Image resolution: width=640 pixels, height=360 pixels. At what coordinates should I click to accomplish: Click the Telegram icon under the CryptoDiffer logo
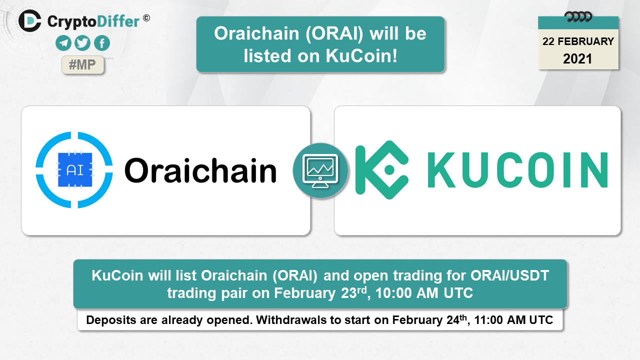[x=63, y=43]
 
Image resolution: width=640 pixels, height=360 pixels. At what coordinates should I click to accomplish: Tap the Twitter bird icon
[x=82, y=43]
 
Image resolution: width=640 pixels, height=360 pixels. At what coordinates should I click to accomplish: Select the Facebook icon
[x=102, y=43]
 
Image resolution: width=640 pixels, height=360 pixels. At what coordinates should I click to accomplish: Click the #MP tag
[x=82, y=65]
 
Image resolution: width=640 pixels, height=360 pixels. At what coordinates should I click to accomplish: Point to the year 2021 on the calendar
[x=577, y=59]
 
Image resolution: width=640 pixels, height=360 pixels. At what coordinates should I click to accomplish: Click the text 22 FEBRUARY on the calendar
[x=578, y=41]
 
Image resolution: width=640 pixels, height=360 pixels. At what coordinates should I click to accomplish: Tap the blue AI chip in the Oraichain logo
[x=75, y=170]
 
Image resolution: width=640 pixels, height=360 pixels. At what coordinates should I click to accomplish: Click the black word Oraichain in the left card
[x=200, y=170]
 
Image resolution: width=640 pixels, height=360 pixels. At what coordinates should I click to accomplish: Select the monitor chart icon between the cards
[x=320, y=171]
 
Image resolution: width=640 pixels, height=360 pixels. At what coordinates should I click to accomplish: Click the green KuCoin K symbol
[x=381, y=170]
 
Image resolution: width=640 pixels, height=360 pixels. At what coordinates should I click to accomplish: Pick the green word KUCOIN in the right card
[x=517, y=170]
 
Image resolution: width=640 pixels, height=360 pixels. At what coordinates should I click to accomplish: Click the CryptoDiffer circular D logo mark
[x=30, y=20]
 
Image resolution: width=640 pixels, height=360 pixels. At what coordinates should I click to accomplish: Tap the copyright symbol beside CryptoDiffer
[x=146, y=18]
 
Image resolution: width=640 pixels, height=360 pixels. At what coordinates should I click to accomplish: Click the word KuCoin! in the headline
[x=361, y=55]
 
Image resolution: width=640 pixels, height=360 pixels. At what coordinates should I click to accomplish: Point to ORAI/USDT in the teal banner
[x=509, y=275]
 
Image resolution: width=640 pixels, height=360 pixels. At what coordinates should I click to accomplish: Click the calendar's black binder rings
[x=578, y=17]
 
